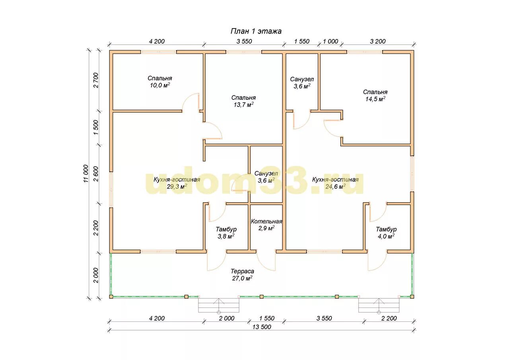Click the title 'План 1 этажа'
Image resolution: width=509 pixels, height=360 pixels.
[256, 31]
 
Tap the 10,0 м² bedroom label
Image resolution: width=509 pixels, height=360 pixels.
[160, 82]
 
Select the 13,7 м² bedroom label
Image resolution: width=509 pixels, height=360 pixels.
[243, 101]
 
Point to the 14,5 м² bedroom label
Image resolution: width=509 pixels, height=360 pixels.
[375, 95]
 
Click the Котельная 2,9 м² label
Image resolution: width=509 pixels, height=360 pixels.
[266, 225]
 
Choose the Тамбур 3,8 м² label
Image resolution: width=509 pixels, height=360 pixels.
[226, 233]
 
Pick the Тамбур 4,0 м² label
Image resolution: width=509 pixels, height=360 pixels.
[386, 233]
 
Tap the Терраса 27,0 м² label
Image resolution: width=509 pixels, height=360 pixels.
[242, 274]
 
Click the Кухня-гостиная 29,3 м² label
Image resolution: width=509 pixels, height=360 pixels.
[177, 183]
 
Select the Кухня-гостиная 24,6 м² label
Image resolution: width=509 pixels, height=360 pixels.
[335, 183]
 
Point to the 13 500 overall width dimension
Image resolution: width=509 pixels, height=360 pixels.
[262, 327]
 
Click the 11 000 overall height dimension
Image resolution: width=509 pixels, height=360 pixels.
[85, 173]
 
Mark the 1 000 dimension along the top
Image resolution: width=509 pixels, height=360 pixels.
[330, 41]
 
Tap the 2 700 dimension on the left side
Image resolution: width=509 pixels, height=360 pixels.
[96, 80]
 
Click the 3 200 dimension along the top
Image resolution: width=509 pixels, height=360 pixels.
[378, 41]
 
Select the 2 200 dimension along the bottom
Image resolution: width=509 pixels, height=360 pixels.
[389, 318]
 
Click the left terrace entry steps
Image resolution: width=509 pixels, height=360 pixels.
[219, 305]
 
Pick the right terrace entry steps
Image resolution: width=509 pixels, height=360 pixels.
[379, 305]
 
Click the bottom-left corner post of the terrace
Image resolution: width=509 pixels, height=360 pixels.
[111, 297]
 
